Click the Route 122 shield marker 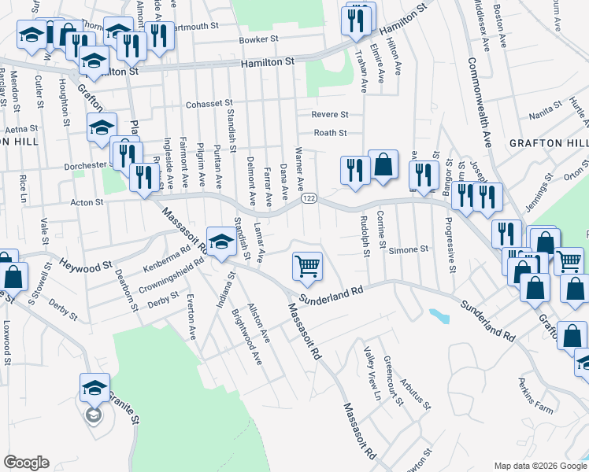pyautogui.click(x=309, y=200)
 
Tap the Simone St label pyautogui.click(x=412, y=249)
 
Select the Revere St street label pyautogui.click(x=330, y=115)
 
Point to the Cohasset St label pyautogui.click(x=209, y=104)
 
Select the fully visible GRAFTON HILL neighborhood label pyautogui.click(x=548, y=143)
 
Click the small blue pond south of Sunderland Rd pyautogui.click(x=436, y=316)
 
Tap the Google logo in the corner pyautogui.click(x=26, y=463)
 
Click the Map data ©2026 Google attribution pyautogui.click(x=539, y=466)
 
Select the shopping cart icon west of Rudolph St pyautogui.click(x=307, y=265)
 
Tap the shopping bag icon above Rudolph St pyautogui.click(x=383, y=165)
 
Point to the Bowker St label pyautogui.click(x=259, y=40)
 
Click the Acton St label pyautogui.click(x=87, y=202)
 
